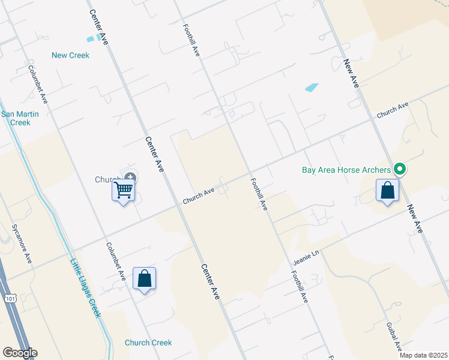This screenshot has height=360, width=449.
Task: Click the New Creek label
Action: click(70, 55)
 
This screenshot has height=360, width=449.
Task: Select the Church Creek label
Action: click(148, 343)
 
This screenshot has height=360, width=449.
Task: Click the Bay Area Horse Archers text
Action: click(346, 170)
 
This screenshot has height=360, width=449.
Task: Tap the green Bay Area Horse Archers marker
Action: click(399, 170)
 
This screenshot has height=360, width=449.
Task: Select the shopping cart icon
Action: click(124, 190)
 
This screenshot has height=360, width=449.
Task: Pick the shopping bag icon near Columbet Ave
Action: click(144, 278)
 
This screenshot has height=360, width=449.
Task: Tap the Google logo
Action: click(20, 353)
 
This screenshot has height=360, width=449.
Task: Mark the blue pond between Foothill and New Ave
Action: click(312, 87)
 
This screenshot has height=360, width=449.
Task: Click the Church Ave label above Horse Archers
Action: click(393, 110)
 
